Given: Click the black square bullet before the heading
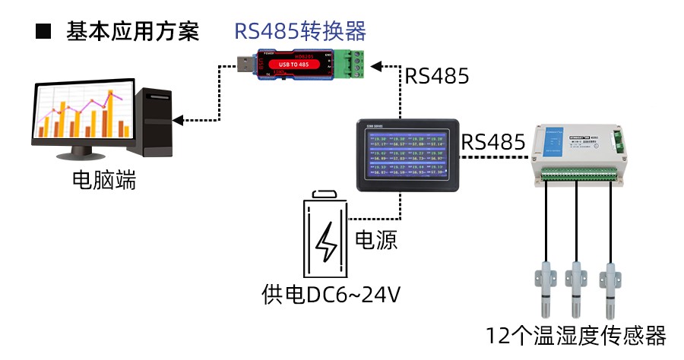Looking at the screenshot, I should tap(43, 32).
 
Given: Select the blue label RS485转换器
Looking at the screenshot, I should tap(299, 31).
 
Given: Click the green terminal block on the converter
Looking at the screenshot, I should tap(352, 64).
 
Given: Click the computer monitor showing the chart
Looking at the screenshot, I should tap(80, 114).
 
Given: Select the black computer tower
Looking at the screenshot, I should tap(155, 122).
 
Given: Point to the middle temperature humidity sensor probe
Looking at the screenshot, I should tap(577, 289).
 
